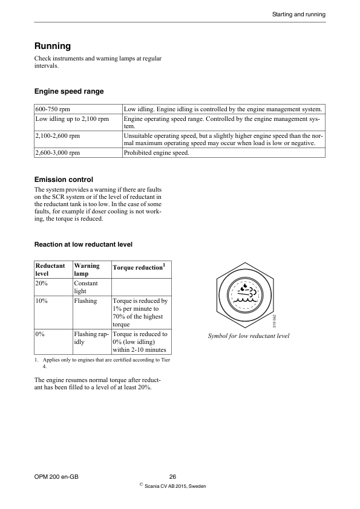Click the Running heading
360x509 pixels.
point(53,46)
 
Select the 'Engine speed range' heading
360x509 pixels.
point(68,91)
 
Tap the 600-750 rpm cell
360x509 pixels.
point(53,109)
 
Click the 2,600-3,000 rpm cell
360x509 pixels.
point(58,153)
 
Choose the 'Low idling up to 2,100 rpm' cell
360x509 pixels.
point(71,119)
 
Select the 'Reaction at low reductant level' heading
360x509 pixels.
point(83,244)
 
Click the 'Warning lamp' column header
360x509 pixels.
point(87,270)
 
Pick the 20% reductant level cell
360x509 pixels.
point(42,283)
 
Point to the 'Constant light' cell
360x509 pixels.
point(85,287)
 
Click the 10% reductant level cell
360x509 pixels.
point(42,300)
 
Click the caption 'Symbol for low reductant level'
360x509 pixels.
point(249,336)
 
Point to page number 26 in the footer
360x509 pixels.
point(172,476)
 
